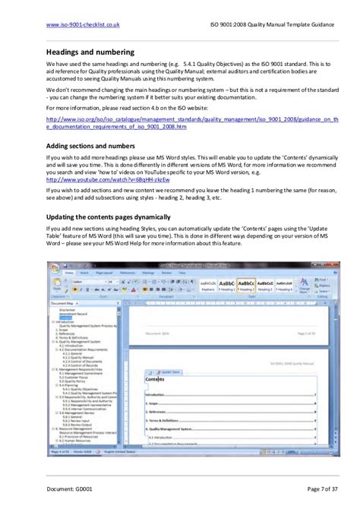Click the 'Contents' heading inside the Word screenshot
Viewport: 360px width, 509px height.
pos(156,378)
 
